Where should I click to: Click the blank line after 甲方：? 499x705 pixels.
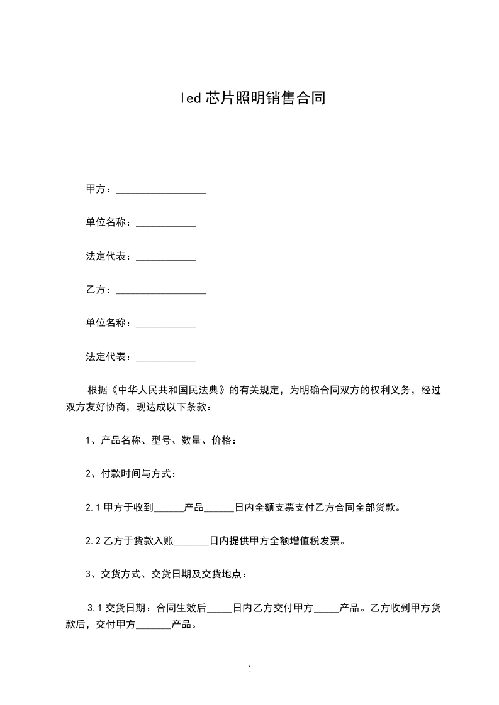tap(161, 189)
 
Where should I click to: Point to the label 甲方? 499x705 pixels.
tap(96, 189)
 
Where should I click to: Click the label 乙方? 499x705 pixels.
tap(96, 290)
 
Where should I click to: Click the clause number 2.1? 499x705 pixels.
tap(93, 508)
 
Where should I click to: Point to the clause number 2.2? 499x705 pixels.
tap(93, 541)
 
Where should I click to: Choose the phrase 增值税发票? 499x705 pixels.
tap(315, 541)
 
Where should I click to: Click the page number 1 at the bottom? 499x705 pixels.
tap(250, 669)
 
